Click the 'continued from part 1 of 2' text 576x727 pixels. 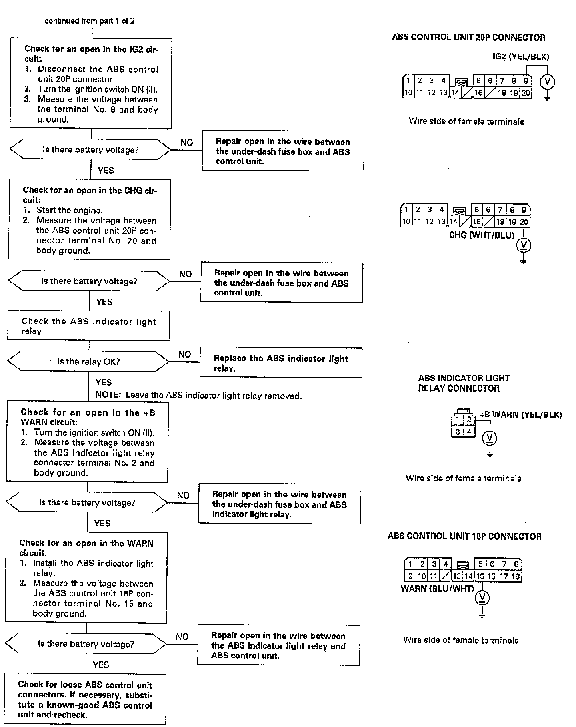[x=90, y=21]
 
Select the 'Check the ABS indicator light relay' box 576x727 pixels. [x=88, y=326]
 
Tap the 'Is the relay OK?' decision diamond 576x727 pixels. [x=88, y=362]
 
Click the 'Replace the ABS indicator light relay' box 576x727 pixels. [x=281, y=363]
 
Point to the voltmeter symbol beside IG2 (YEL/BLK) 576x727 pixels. [x=548, y=82]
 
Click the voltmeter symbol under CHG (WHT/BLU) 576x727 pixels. [x=524, y=245]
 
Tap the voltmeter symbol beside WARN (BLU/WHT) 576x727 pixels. [x=482, y=598]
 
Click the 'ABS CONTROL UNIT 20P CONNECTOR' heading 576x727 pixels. [x=468, y=38]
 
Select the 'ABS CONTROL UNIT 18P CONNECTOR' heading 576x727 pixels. [x=464, y=536]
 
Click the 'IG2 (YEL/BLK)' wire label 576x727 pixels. [x=521, y=56]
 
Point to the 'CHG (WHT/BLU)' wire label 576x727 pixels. [x=482, y=235]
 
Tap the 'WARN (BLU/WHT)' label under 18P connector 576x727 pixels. [x=437, y=588]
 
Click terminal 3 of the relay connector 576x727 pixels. [x=458, y=432]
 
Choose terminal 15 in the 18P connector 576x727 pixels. [x=480, y=576]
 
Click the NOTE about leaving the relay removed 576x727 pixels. [x=198, y=396]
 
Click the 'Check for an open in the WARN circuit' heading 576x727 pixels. [x=86, y=548]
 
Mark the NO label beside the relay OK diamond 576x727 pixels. [x=184, y=354]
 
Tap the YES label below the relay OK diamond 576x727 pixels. [x=104, y=382]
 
